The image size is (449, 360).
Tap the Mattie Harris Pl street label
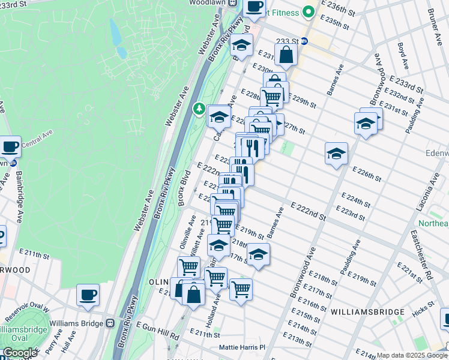pos(242,347)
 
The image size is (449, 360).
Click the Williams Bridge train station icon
pos(110,323)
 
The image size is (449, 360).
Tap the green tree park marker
pos(198,109)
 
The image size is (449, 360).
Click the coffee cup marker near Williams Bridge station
pos(88,295)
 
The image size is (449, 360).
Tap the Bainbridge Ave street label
pos(19,196)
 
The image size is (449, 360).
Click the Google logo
pos(20,353)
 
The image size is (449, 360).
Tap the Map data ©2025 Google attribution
pos(411,355)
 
